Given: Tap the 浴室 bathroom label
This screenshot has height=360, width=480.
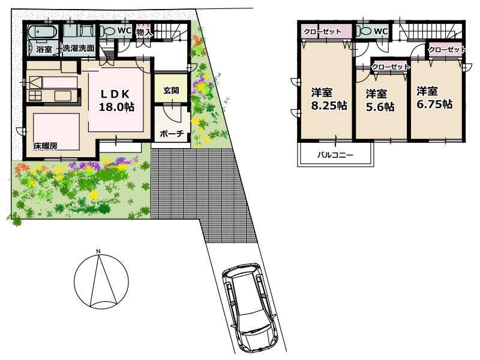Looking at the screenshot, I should (43, 48).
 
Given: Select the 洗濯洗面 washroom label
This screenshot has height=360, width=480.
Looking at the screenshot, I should (79, 48).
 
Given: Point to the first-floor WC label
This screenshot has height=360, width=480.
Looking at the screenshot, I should (124, 30).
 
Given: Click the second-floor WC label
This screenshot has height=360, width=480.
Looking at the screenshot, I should (380, 31).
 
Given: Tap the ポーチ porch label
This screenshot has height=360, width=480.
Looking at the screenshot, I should (172, 134).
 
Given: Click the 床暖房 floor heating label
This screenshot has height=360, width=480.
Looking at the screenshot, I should (45, 145).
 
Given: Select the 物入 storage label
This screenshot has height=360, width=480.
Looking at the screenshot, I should (144, 32).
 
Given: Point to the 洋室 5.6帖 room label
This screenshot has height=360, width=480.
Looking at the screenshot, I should (379, 100).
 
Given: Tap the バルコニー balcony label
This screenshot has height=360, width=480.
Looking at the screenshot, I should (335, 155).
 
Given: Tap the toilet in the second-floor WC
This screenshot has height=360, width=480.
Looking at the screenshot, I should (364, 31).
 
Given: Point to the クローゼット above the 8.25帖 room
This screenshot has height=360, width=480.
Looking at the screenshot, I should (322, 31).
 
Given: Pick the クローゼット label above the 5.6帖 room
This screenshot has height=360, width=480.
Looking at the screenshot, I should (391, 67).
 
